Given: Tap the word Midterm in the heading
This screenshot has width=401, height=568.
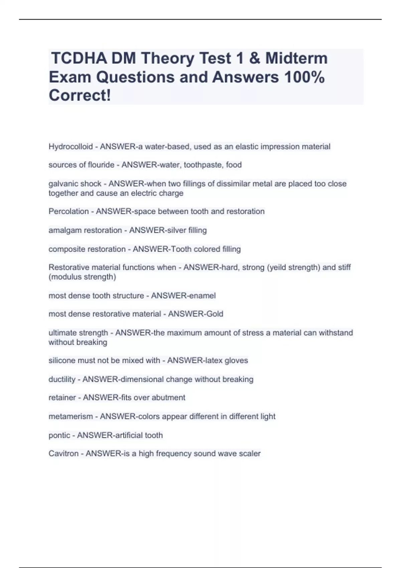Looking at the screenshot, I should click(296, 58).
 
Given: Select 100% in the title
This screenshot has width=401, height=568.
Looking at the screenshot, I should click(304, 77).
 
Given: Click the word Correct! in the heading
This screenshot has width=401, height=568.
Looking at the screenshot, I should click(80, 96).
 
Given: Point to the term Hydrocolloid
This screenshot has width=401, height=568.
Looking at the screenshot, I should click(71, 147).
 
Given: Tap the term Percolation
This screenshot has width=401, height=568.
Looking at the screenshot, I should click(69, 211).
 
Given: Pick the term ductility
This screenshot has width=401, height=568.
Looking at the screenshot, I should click(62, 380).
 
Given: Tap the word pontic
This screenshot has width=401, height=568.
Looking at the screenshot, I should click(59, 435).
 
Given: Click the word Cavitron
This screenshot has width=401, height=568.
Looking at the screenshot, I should click(63, 454).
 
